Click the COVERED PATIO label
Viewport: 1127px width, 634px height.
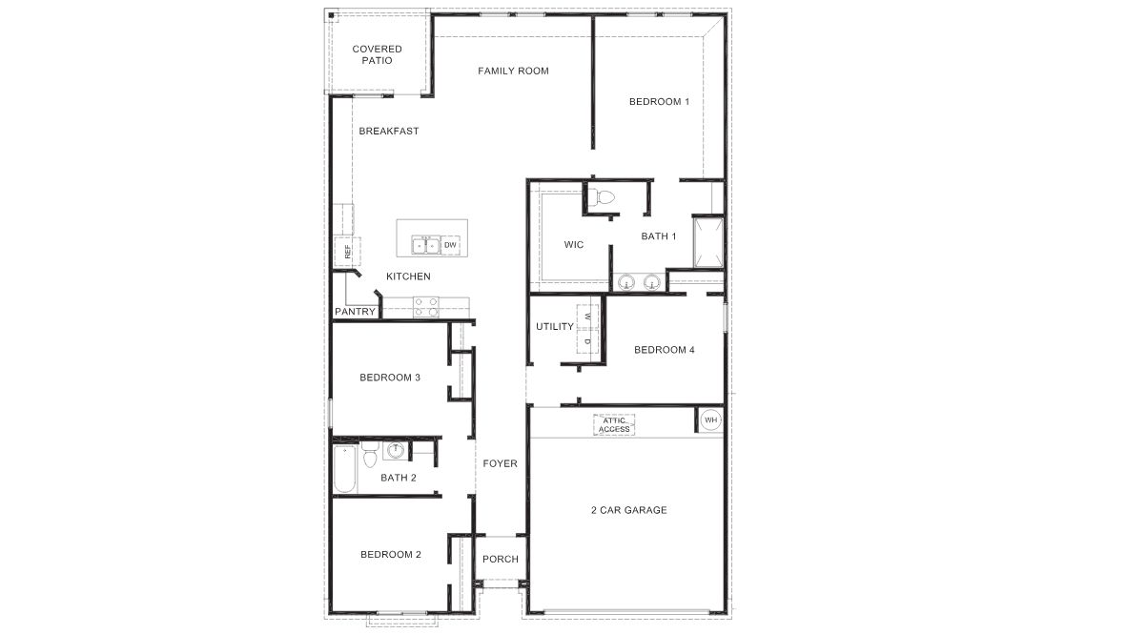[377, 54]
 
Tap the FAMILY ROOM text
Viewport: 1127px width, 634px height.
[513, 71]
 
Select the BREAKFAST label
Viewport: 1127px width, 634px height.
[388, 131]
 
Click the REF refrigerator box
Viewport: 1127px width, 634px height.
[347, 252]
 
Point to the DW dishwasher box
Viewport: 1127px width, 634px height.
[451, 245]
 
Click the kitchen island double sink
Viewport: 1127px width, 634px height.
[425, 245]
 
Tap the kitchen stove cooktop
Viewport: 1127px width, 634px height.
[426, 306]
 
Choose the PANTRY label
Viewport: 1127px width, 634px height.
[355, 312]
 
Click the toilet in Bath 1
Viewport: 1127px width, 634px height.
[603, 198]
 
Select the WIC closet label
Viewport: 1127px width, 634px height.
[573, 245]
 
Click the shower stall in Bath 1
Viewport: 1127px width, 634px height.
[707, 244]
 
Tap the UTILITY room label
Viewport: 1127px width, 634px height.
[555, 326]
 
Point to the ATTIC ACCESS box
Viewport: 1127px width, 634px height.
[614, 425]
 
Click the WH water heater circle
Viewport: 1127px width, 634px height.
[710, 419]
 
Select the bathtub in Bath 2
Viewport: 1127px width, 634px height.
[345, 468]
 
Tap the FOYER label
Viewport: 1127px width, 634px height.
[500, 463]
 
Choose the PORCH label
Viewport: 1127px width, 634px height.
[501, 559]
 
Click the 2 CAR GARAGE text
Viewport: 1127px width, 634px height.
[627, 510]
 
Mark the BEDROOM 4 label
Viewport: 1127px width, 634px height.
[664, 350]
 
